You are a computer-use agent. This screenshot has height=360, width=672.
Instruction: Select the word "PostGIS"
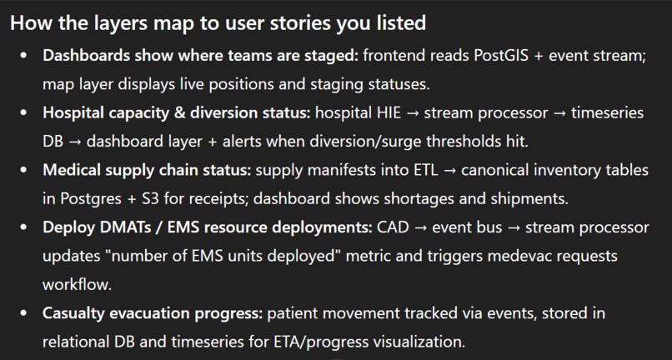(x=506, y=56)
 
